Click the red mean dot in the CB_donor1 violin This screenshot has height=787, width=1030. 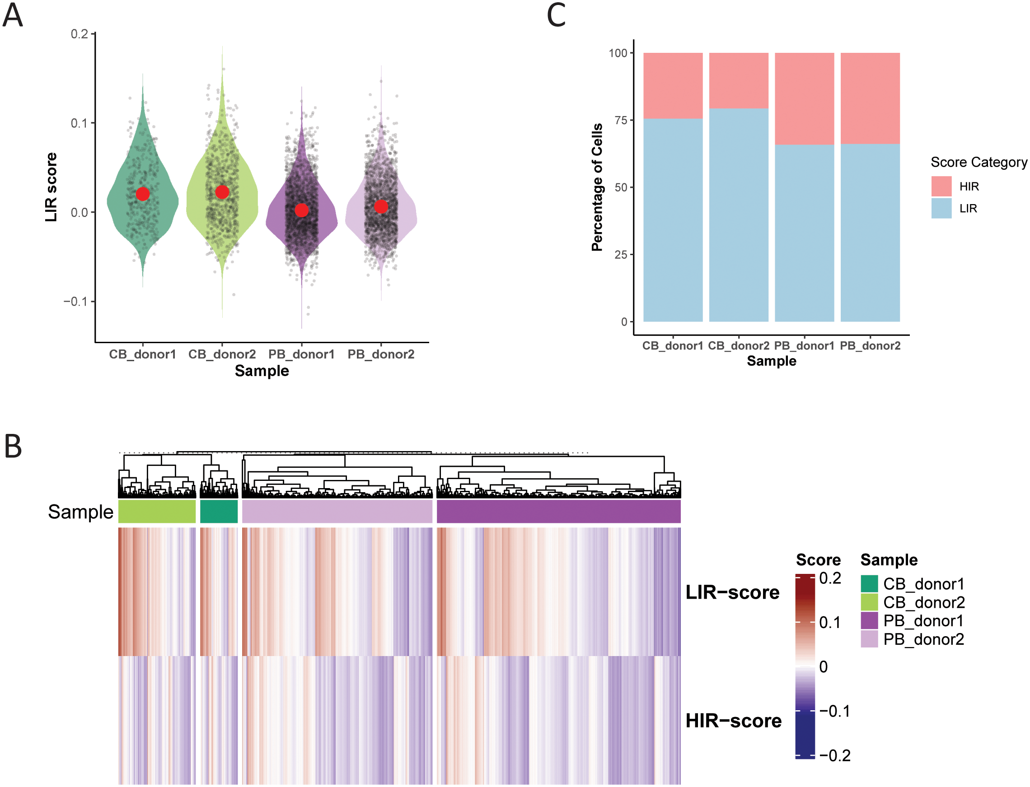pos(142,194)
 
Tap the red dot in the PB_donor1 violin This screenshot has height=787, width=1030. pos(301,210)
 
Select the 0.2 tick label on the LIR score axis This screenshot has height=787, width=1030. pos(79,34)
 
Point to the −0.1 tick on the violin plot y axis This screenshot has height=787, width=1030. pos(75,301)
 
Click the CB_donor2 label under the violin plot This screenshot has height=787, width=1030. pos(222,354)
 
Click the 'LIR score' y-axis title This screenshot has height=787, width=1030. pos(51,187)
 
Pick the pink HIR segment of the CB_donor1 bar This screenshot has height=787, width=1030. pos(673,86)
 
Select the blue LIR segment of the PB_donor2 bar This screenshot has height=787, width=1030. pos(870,233)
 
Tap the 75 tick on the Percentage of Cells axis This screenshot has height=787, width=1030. pos(620,121)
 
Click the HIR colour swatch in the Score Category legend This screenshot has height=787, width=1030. pos(941,186)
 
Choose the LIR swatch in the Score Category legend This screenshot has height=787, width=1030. pos(941,208)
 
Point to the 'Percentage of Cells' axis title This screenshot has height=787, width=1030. pos(596,187)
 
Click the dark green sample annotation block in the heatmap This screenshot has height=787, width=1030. pos(218,511)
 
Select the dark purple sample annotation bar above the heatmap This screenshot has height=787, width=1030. pos(558,511)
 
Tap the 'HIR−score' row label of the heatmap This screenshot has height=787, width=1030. pos(733,721)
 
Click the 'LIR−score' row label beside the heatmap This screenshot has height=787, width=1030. pos(732,592)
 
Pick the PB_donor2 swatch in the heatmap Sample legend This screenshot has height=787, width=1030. pos(869,639)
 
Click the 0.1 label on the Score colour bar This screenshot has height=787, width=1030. pos(829,623)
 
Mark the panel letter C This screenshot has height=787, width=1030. pos(556,15)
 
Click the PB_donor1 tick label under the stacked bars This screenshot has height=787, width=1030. pos(804,346)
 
